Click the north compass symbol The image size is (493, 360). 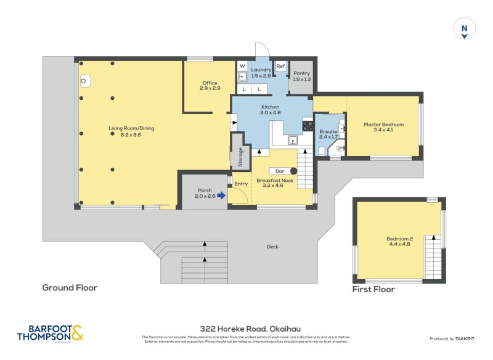pyautogui.click(x=464, y=29)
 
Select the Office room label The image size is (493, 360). pyautogui.click(x=210, y=86)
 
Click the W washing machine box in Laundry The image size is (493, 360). pyautogui.click(x=242, y=66)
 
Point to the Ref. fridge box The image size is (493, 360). pyautogui.click(x=280, y=66)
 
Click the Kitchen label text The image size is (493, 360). pyautogui.click(x=270, y=110)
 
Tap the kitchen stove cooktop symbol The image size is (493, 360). pyautogui.click(x=308, y=125)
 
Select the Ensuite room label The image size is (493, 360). pyautogui.click(x=328, y=134)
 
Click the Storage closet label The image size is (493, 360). pyautogui.click(x=240, y=157)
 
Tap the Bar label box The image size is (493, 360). pyautogui.click(x=279, y=171)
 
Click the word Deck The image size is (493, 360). pyautogui.click(x=272, y=247)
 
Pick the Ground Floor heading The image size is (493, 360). pyautogui.click(x=70, y=287)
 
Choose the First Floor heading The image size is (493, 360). pyautogui.click(x=373, y=289)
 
